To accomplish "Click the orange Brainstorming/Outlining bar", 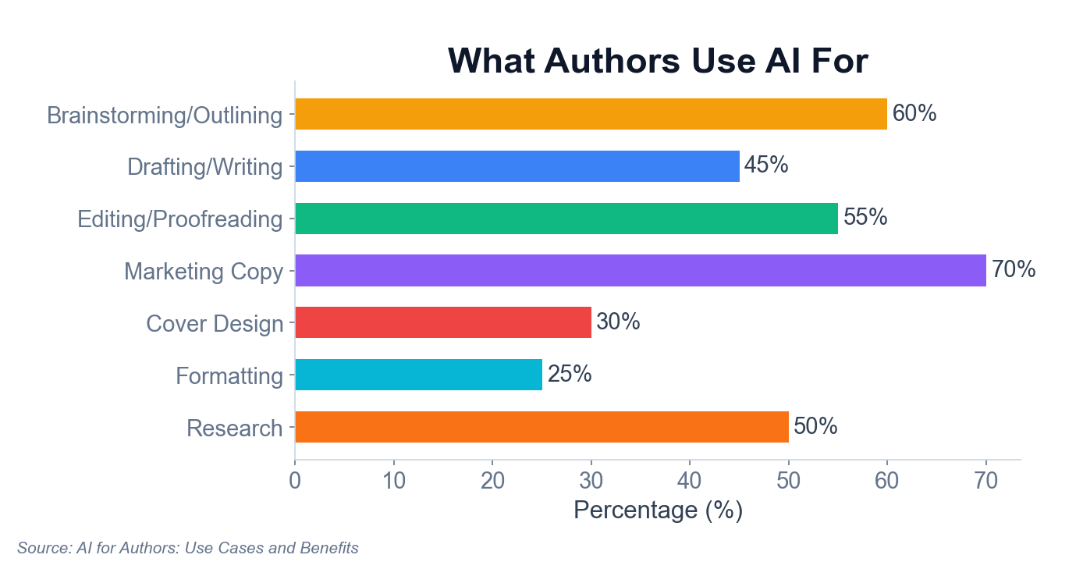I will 591,114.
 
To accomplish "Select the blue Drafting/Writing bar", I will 517,166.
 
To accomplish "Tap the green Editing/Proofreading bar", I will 566,219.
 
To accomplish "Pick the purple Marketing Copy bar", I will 640,270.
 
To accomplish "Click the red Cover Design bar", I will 442,322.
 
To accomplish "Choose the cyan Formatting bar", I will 418,375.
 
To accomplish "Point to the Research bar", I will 541,427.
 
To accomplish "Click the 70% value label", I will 1013,270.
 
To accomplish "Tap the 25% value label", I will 570,375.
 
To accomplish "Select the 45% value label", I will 766,166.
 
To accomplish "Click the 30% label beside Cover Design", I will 618,322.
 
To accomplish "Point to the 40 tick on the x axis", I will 690,481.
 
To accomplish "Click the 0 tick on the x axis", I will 295,481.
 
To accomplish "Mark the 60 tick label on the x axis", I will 887,481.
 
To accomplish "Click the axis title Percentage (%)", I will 658,510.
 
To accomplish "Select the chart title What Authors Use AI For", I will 658,61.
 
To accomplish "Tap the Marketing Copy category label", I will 204,272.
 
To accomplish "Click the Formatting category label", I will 229,376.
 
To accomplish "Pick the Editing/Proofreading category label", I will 180,219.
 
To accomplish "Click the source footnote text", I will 188,548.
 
